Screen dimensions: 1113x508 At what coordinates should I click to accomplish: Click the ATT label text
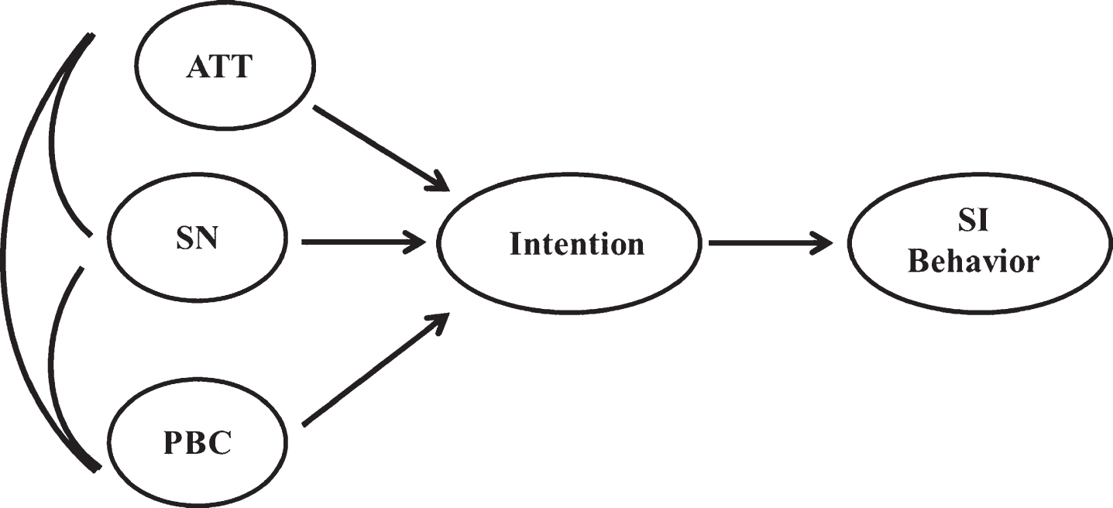[x=220, y=67]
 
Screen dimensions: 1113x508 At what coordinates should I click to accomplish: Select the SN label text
[x=198, y=239]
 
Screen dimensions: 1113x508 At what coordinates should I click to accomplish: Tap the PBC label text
[x=198, y=443]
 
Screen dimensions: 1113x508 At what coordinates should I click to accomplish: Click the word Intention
[x=577, y=244]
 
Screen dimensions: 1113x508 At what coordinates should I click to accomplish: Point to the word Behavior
[x=974, y=261]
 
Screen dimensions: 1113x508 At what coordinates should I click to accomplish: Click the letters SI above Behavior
[x=973, y=221]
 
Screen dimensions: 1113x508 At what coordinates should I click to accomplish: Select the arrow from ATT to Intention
[x=381, y=149]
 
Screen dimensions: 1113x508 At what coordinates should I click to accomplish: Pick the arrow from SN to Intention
[x=364, y=242]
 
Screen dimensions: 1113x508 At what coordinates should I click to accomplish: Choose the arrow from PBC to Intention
[x=376, y=369]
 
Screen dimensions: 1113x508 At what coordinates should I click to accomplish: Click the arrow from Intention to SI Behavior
[x=771, y=243]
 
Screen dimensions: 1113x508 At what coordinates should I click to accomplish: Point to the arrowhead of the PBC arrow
[x=440, y=323]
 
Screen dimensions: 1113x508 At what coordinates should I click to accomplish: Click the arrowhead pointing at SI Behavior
[x=823, y=243]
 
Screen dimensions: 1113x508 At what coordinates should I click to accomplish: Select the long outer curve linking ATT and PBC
[x=5, y=249]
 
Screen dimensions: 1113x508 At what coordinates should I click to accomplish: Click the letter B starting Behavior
[x=919, y=261]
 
